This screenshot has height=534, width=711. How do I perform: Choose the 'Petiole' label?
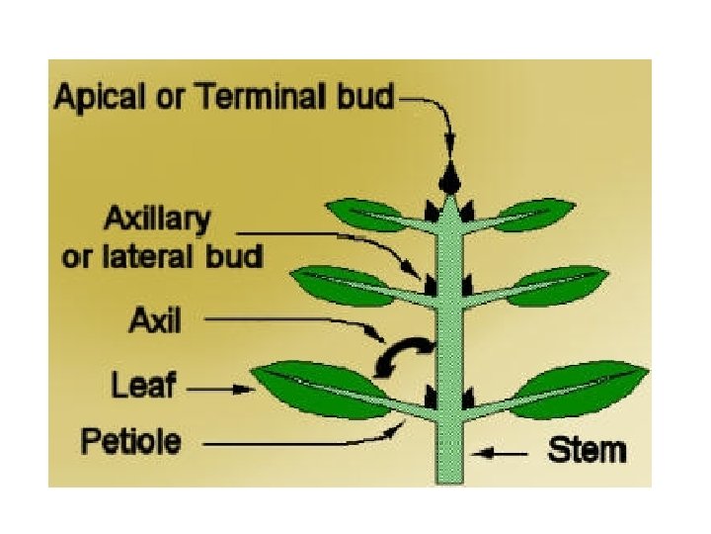(131, 440)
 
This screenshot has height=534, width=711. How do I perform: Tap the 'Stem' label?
(587, 451)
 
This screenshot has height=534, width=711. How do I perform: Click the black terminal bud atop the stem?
(450, 180)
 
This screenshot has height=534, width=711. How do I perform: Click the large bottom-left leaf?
(314, 387)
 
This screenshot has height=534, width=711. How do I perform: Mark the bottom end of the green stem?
(449, 479)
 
